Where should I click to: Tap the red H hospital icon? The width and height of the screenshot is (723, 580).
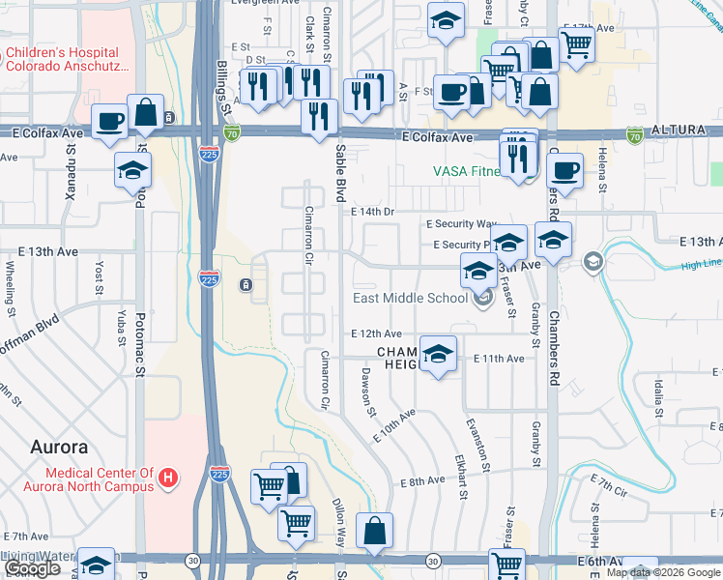click(x=169, y=478)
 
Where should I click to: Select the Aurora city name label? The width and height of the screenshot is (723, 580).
click(x=59, y=448)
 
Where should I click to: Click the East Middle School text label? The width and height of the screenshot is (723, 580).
click(x=410, y=298)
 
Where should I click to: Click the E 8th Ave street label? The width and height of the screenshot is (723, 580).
click(x=422, y=481)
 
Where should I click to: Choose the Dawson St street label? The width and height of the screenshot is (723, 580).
click(x=367, y=391)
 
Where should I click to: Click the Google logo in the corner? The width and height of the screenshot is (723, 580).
click(x=32, y=569)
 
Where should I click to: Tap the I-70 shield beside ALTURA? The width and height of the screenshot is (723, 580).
click(x=635, y=133)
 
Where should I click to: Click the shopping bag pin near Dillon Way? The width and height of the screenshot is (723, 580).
click(x=374, y=530)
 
